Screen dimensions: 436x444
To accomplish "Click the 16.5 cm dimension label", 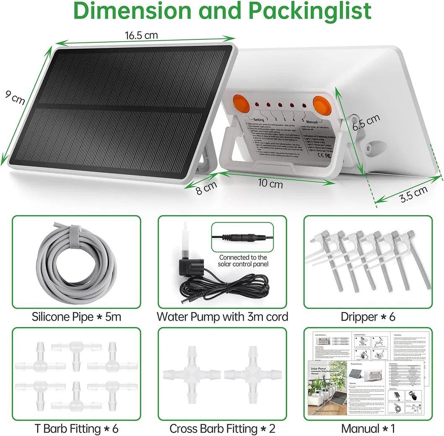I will tap(141, 35).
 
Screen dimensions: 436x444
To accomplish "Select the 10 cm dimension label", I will tap(270, 183).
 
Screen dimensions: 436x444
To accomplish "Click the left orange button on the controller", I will tap(240, 103).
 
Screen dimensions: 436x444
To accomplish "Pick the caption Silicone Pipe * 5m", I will tap(76, 317).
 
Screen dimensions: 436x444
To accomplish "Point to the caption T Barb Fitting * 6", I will tap(76, 428).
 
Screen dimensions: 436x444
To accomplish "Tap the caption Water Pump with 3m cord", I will tap(222, 317).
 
